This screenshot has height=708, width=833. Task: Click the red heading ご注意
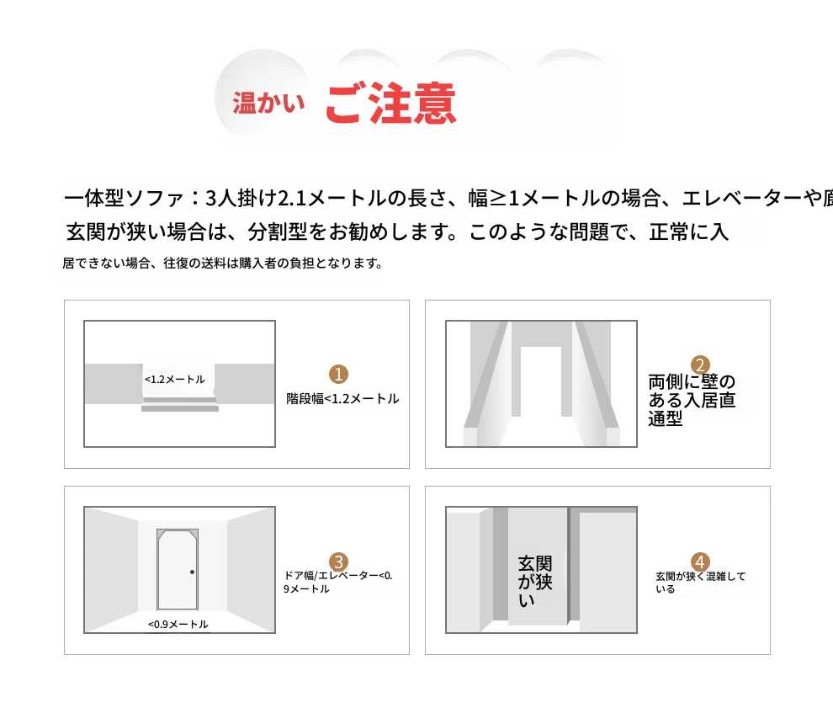[391, 104]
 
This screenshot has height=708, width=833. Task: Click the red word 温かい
[268, 103]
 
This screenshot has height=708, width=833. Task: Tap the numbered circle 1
[338, 374]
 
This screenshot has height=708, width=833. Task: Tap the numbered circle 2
[700, 365]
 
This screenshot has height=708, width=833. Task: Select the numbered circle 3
[338, 562]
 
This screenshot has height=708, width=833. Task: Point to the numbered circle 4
[700, 562]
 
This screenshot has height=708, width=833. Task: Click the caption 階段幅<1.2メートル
[342, 399]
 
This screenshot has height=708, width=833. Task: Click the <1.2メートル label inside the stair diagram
[175, 380]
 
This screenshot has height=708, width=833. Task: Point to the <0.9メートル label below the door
[178, 624]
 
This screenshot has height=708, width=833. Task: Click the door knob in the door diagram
[193, 572]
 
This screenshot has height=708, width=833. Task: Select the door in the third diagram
[178, 569]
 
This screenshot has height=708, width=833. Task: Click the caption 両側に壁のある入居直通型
[692, 400]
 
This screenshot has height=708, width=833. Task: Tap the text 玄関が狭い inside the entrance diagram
[535, 582]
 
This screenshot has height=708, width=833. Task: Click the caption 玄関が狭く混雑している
[701, 583]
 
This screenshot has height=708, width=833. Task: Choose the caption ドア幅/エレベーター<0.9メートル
[338, 582]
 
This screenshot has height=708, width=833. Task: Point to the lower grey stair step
[180, 409]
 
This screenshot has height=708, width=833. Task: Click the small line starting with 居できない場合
[223, 264]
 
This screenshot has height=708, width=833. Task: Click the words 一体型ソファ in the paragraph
[124, 199]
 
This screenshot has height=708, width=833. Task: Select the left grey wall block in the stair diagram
[113, 384]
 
